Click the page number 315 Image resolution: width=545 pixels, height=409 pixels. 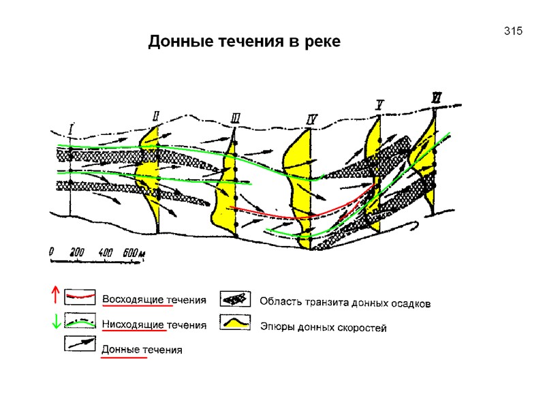pyautogui.click(x=513, y=31)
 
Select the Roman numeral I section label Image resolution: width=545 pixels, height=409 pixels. pyautogui.click(x=71, y=127)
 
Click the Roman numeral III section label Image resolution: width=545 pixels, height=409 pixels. pyautogui.click(x=235, y=119)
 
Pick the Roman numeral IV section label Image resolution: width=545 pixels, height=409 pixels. pyautogui.click(x=312, y=121)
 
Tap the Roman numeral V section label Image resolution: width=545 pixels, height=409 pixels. pyautogui.click(x=379, y=104)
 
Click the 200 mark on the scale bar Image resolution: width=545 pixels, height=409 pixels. pyautogui.click(x=77, y=252)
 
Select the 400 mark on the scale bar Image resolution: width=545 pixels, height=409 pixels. pyautogui.click(x=106, y=252)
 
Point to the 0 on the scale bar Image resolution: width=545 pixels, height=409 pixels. pyautogui.click(x=52, y=252)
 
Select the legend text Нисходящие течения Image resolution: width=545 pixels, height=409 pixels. pyautogui.click(x=154, y=326)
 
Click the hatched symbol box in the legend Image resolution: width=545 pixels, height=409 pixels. pyautogui.click(x=235, y=299)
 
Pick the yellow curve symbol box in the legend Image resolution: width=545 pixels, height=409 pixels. pyautogui.click(x=235, y=322)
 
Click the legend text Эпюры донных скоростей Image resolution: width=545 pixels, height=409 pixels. pyautogui.click(x=324, y=328)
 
